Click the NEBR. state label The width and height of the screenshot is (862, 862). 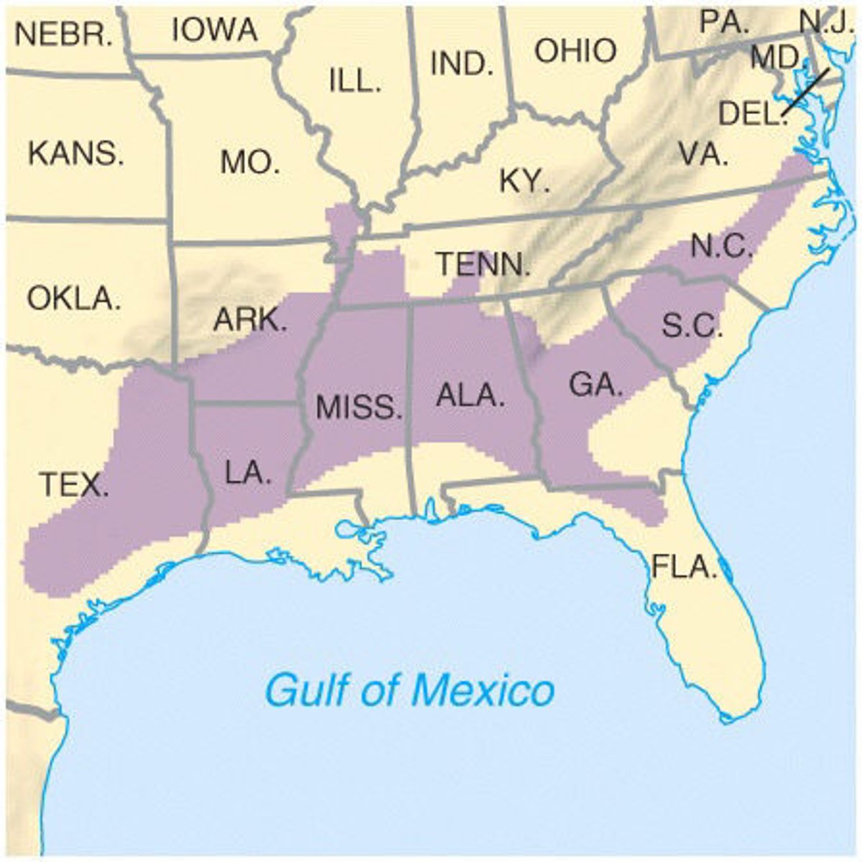pyautogui.click(x=63, y=34)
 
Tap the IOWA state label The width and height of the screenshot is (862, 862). pyautogui.click(x=215, y=30)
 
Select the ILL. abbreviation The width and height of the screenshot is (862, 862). pyautogui.click(x=355, y=81)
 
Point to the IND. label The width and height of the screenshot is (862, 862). pyautogui.click(x=462, y=65)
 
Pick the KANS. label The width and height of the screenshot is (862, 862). pyautogui.click(x=76, y=154)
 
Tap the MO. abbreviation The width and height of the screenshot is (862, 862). pyautogui.click(x=251, y=164)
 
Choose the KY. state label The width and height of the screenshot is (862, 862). pyautogui.click(x=525, y=181)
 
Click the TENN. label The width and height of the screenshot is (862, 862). pyautogui.click(x=483, y=264)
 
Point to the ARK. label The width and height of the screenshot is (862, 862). pyautogui.click(x=250, y=320)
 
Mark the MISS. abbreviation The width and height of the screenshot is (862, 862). pyautogui.click(x=359, y=408)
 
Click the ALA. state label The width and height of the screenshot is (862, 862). pyautogui.click(x=471, y=396)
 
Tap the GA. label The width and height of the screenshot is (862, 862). pyautogui.click(x=595, y=386)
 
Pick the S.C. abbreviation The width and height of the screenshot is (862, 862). pyautogui.click(x=692, y=327)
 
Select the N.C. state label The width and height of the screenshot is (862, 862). pyautogui.click(x=722, y=247)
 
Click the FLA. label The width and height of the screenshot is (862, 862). pyautogui.click(x=685, y=567)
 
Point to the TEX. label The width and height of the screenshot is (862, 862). pyautogui.click(x=73, y=486)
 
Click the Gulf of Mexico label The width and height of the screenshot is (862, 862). pyautogui.click(x=410, y=690)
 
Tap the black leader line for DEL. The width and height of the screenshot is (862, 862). pyautogui.click(x=805, y=91)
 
